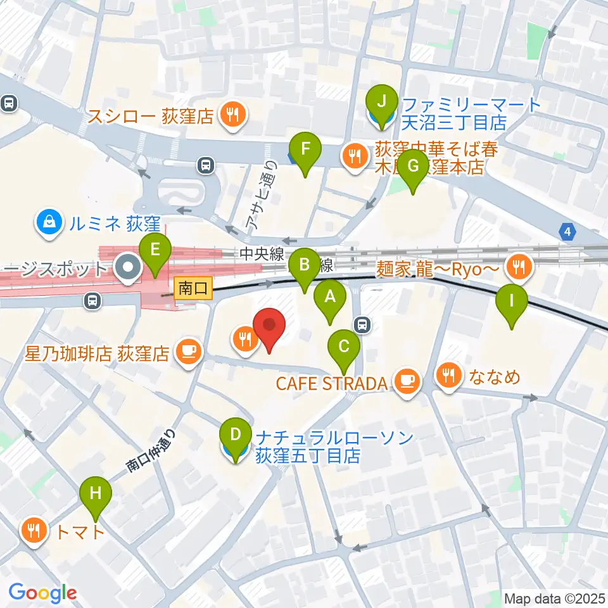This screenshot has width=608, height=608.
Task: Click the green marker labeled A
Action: click(x=329, y=296)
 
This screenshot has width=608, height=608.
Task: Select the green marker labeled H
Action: click(x=95, y=494)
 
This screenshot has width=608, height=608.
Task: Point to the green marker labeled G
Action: click(x=414, y=167)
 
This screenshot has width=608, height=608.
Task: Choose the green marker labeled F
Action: click(x=305, y=151)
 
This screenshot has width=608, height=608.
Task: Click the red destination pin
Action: click(x=269, y=326)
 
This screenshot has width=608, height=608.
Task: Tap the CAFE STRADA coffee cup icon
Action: click(x=406, y=380)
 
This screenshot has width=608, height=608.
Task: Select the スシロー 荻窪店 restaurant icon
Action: click(x=232, y=114)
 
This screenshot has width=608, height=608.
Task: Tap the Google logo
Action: click(x=42, y=593)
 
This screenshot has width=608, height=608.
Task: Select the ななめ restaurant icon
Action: click(x=449, y=377)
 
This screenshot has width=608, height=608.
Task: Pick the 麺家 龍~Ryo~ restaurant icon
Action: click(x=519, y=268)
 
